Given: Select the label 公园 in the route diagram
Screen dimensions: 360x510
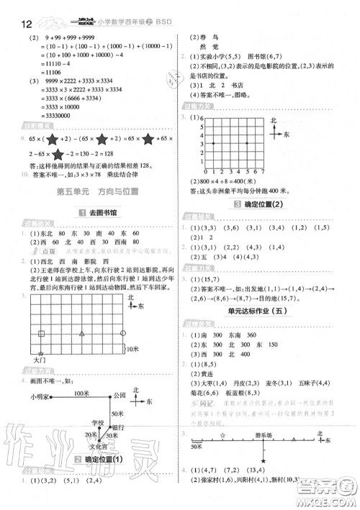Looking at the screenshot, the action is (x=120, y=396).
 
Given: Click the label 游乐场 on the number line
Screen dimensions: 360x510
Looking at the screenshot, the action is (x=266, y=434).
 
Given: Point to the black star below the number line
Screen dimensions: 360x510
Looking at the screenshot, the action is (x=264, y=461).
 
